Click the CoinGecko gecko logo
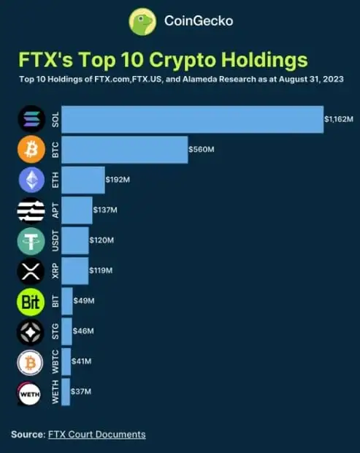point(142,22)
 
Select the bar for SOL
point(193,119)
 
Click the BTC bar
point(125,150)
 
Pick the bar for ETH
point(83,180)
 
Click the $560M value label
point(202,150)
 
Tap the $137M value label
point(105,210)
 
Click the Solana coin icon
point(31,119)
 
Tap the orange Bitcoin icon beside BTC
point(31,150)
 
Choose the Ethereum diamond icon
point(31,180)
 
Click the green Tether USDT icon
point(31,240)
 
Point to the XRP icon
point(31,271)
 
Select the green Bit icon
point(31,301)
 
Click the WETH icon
point(31,393)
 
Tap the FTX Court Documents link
point(97,435)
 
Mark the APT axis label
point(55,210)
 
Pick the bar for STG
point(67,332)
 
